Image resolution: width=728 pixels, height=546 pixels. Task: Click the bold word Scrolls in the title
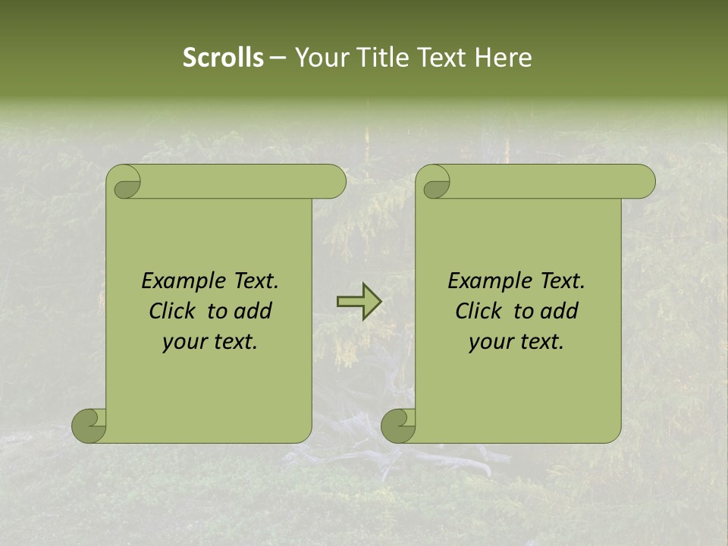pyautogui.click(x=223, y=58)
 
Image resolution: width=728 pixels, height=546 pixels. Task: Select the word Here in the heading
pyautogui.click(x=503, y=58)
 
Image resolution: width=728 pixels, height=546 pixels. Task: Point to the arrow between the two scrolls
pyautogui.click(x=359, y=302)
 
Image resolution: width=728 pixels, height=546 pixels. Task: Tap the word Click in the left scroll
pyautogui.click(x=172, y=312)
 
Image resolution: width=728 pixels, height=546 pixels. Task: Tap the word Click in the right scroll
pyautogui.click(x=479, y=312)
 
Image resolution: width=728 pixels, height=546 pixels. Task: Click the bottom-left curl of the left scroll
pyautogui.click(x=88, y=425)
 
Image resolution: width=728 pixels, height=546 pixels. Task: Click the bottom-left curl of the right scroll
pyautogui.click(x=397, y=425)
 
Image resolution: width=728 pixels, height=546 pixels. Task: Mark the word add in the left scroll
pyautogui.click(x=253, y=312)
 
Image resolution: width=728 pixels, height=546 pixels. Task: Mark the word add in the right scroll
pyautogui.click(x=560, y=312)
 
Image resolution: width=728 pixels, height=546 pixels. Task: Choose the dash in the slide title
pyautogui.click(x=278, y=58)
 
